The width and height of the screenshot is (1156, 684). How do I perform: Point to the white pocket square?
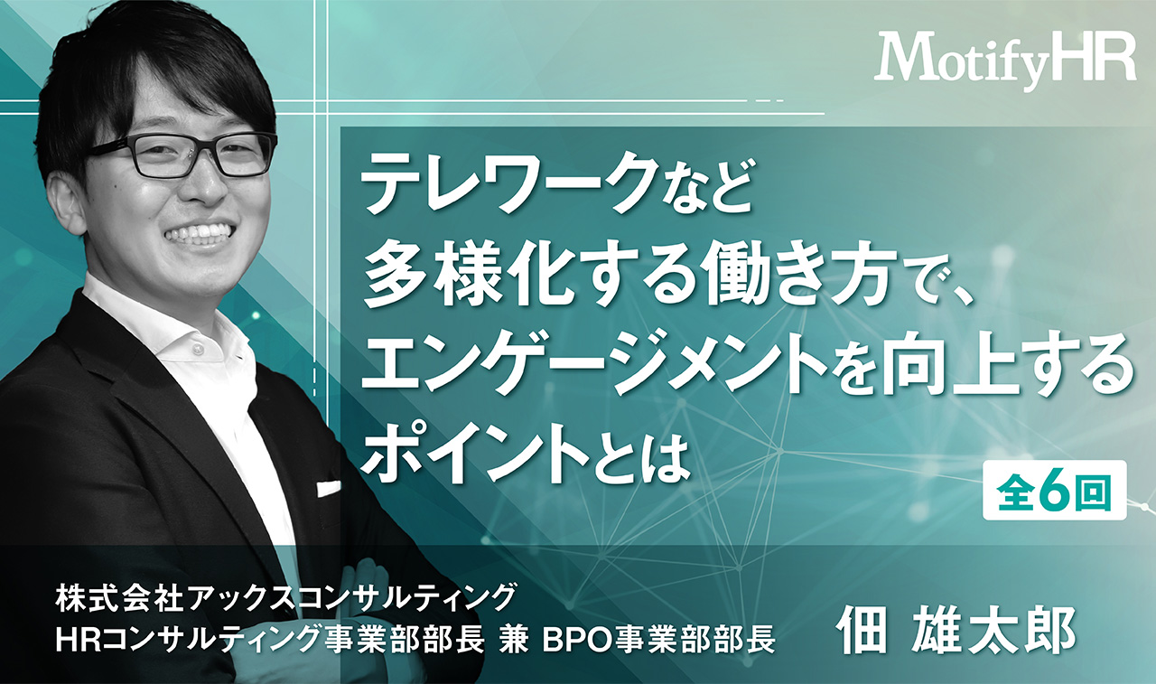(329, 488)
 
